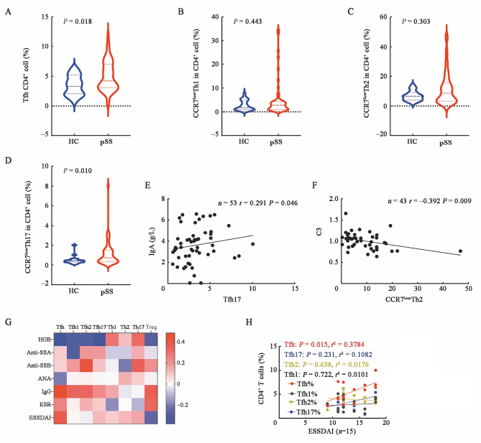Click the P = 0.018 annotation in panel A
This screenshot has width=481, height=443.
coord(78,22)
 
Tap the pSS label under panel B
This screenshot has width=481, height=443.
coord(276,142)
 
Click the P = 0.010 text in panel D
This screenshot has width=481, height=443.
coord(78,171)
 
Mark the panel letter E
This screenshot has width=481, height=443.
coord(147,185)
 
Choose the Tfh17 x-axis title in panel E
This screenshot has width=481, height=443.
coord(232,299)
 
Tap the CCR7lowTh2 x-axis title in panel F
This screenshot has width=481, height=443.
coord(404,299)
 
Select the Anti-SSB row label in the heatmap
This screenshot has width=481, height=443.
coord(40,365)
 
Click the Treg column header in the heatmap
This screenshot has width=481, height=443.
coord(151,327)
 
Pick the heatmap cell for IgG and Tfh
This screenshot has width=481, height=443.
coord(60,391)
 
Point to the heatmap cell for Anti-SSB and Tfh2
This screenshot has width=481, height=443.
coord(86,365)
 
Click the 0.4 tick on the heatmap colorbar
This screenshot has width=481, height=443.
coord(180,342)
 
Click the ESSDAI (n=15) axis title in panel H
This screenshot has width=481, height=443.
coord(331,432)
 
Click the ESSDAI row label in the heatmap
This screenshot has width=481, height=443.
coord(41,417)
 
